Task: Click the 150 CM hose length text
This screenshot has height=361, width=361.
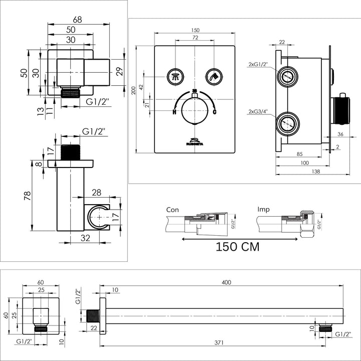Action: pos(238,247)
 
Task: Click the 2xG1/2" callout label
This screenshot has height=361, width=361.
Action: pos(258,64)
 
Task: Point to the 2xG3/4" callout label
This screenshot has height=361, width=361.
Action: pos(258,111)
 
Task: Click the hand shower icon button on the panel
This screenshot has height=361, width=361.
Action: pos(213,77)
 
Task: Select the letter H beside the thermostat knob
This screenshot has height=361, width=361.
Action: pos(174,112)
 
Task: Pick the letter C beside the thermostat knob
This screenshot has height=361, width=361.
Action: pos(215,112)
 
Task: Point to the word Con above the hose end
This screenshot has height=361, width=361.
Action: pos(173,209)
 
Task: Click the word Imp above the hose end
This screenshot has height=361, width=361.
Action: pos(263,209)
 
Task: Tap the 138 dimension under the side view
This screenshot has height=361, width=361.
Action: pos(302,171)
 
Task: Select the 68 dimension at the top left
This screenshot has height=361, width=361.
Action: pos(77,20)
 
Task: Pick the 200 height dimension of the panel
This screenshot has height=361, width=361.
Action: pos(133,91)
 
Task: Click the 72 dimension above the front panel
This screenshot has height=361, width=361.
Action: pos(195,38)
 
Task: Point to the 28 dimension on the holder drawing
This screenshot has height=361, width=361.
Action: pos(97,193)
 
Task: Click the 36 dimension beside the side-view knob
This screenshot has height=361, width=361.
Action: pos(340,134)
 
